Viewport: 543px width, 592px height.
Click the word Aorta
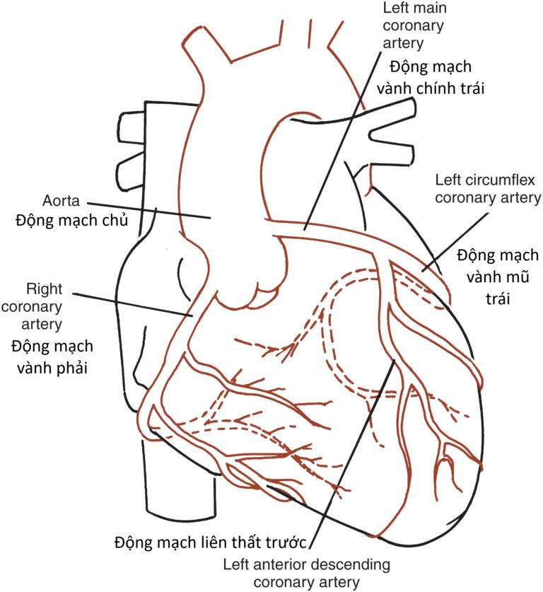pyautogui.click(x=61, y=200)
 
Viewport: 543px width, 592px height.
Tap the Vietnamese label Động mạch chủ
pyautogui.click(x=71, y=220)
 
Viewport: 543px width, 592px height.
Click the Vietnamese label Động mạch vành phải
pyautogui.click(x=52, y=357)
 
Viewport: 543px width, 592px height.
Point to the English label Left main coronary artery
pyautogui.click(x=414, y=25)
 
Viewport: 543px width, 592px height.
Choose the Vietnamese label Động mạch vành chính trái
pyautogui.click(x=431, y=78)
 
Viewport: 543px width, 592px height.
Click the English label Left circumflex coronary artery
pyautogui.click(x=488, y=189)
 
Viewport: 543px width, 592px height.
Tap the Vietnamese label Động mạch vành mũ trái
pyautogui.click(x=498, y=277)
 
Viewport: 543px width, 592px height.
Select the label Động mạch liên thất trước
pyautogui.click(x=210, y=542)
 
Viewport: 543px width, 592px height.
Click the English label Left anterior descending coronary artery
pyautogui.click(x=306, y=574)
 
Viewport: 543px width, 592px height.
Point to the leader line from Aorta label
pyautogui.click(x=149, y=211)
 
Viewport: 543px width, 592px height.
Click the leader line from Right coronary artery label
pyautogui.click(x=132, y=304)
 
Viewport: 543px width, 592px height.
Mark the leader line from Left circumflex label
pyautogui.click(x=455, y=242)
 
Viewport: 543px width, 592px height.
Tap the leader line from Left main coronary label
pyautogui.click(x=342, y=141)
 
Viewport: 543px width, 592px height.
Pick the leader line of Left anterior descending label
pyautogui.click(x=352, y=454)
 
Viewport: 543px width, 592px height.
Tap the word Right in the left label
pyautogui.click(x=44, y=289)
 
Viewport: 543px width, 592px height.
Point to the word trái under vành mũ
pyautogui.click(x=498, y=298)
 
